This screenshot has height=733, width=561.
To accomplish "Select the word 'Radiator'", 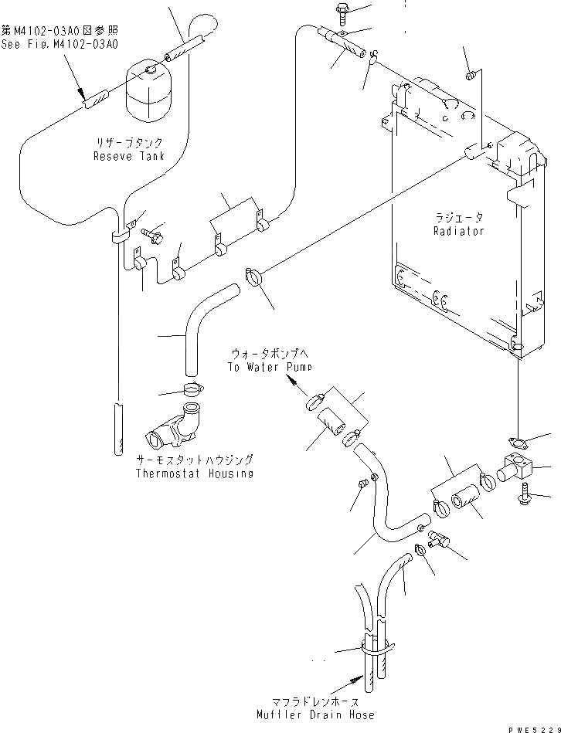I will pyautogui.click(x=458, y=231).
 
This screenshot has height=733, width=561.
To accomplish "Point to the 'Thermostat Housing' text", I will pyautogui.click(x=194, y=473).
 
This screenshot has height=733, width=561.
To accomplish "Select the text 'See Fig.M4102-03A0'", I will pyautogui.click(x=59, y=44).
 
